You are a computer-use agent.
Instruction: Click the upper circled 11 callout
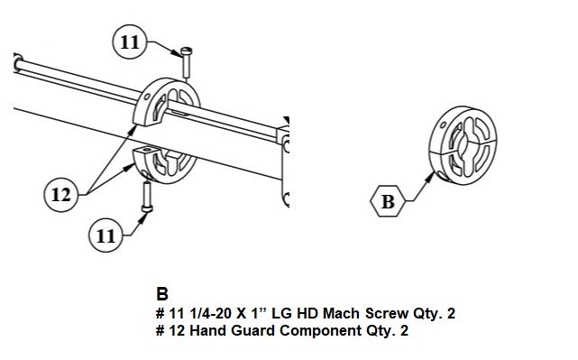coord(129,42)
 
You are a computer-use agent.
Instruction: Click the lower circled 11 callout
coord(106,235)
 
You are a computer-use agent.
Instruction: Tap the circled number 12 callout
coord(60,194)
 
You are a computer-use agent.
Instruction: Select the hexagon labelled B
coord(388,201)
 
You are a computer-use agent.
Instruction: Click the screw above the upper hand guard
coord(187,62)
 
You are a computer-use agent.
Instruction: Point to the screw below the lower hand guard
coord(147,197)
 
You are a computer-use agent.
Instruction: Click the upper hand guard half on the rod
coord(166,101)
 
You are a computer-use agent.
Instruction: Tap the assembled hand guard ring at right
coord(463,145)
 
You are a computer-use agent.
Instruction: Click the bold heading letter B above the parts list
coord(162,294)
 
